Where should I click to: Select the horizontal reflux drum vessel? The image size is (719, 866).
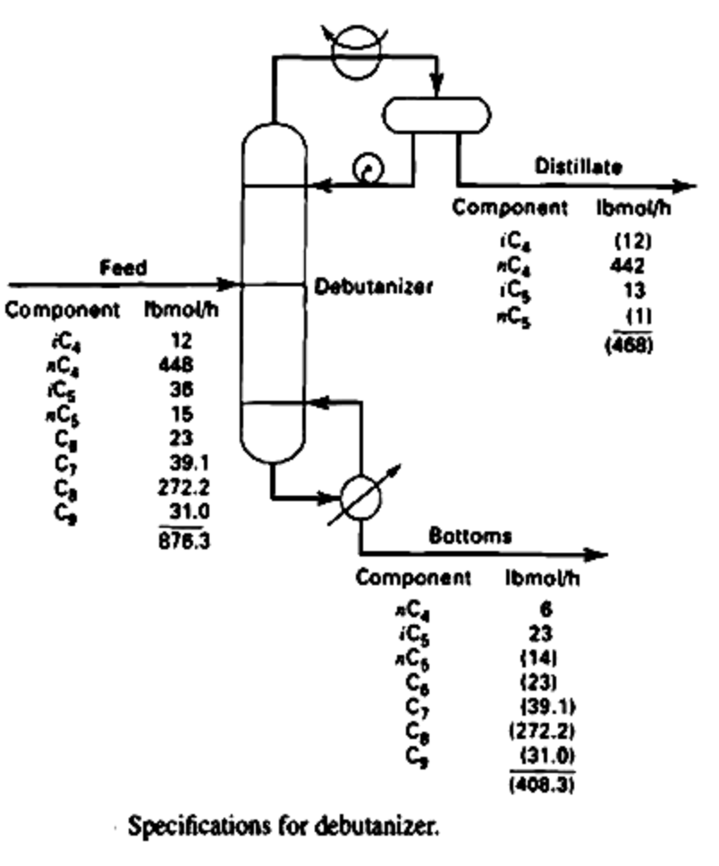click(437, 115)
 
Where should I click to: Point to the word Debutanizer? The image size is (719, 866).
click(374, 287)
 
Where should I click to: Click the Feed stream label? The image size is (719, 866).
click(123, 267)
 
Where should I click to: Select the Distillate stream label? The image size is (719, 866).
click(579, 166)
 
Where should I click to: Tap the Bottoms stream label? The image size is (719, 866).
click(470, 537)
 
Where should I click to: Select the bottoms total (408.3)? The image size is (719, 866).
click(544, 787)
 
